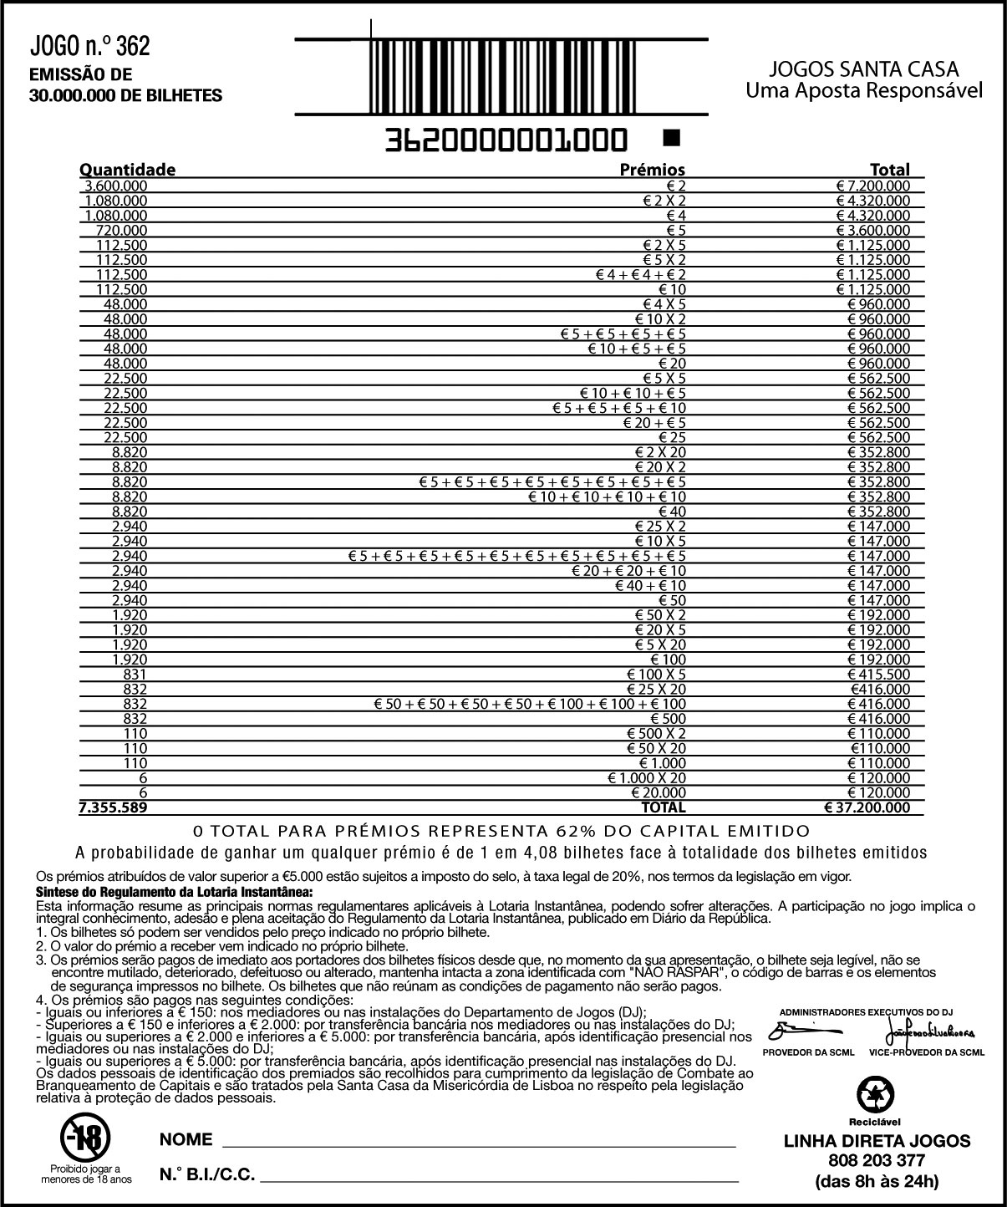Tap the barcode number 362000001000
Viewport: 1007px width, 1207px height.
(x=506, y=140)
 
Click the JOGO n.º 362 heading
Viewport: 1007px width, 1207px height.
(x=90, y=46)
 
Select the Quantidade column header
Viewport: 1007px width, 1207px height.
(x=127, y=170)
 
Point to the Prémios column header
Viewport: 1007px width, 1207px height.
(x=652, y=170)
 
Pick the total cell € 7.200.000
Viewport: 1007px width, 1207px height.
(x=873, y=186)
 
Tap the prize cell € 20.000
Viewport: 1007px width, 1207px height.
(x=660, y=792)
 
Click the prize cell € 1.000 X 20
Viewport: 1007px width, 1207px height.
(x=647, y=777)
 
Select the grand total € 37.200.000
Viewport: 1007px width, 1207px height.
(x=867, y=807)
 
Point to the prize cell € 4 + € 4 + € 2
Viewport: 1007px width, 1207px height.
(x=641, y=275)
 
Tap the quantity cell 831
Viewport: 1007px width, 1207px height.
(x=135, y=675)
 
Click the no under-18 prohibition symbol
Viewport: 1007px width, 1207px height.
(x=86, y=1136)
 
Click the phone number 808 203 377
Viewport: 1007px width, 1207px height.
(x=877, y=1161)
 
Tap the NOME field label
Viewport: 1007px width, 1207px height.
(x=186, y=1140)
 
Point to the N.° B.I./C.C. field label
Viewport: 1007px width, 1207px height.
(x=207, y=1174)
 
